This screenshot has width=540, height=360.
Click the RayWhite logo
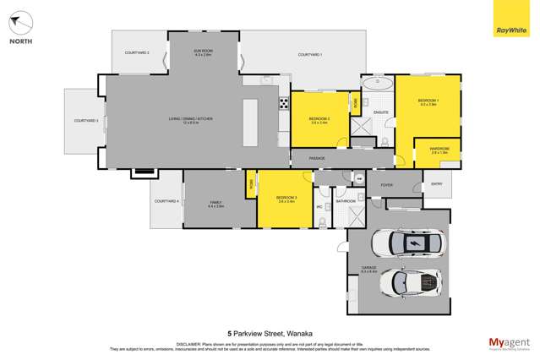(511, 19)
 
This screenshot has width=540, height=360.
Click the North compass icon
(21, 25)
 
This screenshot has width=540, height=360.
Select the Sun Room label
(203, 53)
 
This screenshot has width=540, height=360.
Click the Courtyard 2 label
(137, 53)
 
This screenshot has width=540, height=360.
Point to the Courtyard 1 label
(310, 55)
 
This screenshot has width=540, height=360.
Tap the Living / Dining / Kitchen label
(190, 120)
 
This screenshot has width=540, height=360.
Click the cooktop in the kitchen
(284, 104)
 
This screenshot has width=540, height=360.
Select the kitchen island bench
(250, 123)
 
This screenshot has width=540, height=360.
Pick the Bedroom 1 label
(428, 102)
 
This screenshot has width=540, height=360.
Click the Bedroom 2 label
(319, 119)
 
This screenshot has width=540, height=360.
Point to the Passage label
(317, 158)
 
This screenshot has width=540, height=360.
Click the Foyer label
(387, 184)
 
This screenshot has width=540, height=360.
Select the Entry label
(437, 183)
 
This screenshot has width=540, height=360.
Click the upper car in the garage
(414, 244)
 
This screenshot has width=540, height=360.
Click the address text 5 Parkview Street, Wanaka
(270, 333)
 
